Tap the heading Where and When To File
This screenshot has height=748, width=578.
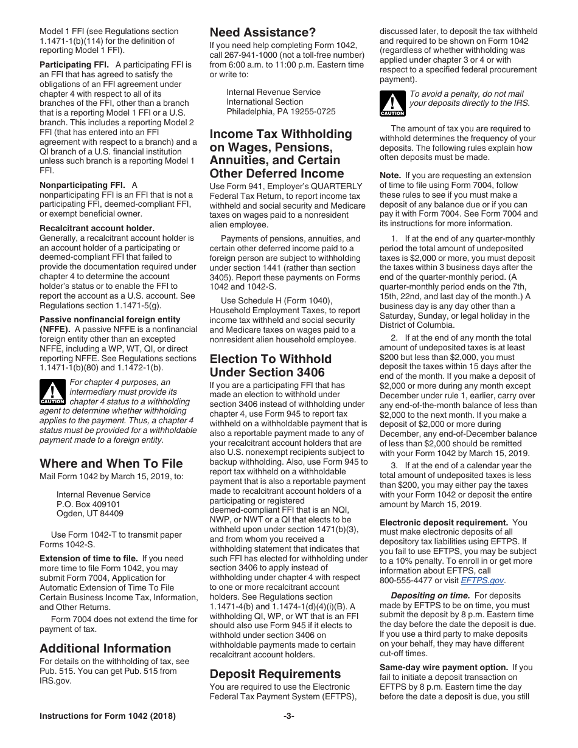111,463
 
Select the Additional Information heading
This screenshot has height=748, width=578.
105,648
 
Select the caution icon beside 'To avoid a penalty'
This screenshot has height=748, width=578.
392,103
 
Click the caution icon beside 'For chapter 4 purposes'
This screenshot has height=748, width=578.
52,392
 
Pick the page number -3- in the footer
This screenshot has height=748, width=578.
289,716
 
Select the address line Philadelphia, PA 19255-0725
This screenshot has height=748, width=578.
280,111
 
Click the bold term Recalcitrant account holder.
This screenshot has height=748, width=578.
97,229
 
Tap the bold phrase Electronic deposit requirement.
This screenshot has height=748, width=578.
444,522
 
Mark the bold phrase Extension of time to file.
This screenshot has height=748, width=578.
89,558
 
